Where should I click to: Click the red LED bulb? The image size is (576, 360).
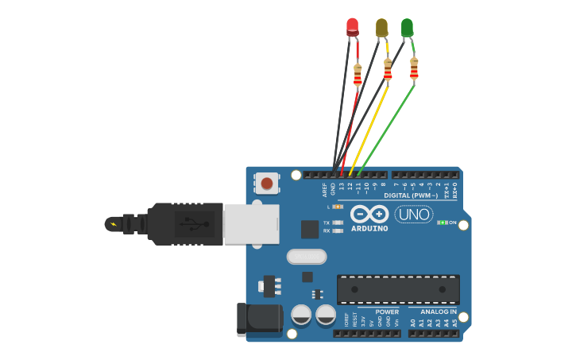coord(353,27)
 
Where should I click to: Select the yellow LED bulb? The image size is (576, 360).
coord(381,28)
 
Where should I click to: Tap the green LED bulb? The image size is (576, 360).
coord(407,28)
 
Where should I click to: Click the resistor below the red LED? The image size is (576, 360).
coord(358,75)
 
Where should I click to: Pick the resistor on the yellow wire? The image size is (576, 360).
coord(388,69)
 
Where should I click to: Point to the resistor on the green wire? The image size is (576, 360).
coord(414,68)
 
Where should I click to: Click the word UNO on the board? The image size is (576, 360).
coord(414,215)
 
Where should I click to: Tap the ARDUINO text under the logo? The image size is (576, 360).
coord(369,229)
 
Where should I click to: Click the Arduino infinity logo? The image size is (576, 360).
coord(369,214)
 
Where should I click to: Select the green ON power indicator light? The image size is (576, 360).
coord(442,223)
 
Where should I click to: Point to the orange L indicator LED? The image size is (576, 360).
coord(338,207)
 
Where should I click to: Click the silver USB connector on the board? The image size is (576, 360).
coord(251,224)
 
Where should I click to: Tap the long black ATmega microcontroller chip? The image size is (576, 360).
coord(398,289)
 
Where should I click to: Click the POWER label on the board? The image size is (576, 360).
coord(387,312)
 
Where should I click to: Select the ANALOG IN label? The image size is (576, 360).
coord(439,312)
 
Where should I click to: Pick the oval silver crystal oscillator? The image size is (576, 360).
coord(307,256)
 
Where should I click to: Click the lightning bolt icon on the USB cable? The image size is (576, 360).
coord(113,224)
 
